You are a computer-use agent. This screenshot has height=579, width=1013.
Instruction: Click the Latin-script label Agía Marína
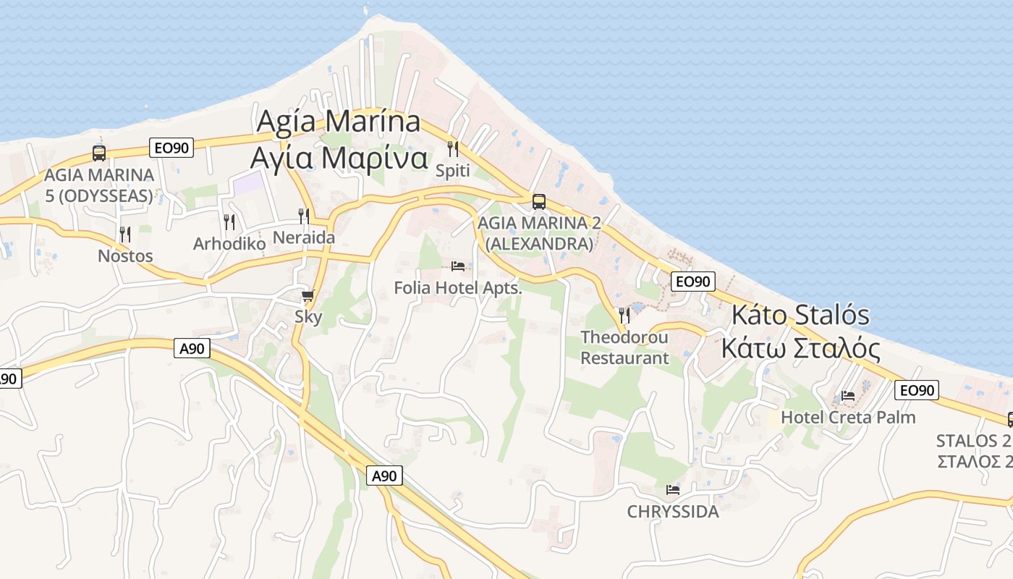point(339,121)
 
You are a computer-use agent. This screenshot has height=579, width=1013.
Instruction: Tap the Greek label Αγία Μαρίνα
point(339,158)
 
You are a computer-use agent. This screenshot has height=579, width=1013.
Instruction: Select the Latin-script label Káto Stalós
point(801,316)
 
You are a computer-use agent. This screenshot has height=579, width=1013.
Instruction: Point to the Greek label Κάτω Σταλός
point(801,349)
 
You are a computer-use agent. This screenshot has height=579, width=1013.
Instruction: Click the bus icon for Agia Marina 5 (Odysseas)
point(99,153)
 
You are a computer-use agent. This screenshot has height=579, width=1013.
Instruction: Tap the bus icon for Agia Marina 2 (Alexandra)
point(538,202)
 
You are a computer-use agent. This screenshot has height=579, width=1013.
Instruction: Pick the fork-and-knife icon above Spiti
point(453,149)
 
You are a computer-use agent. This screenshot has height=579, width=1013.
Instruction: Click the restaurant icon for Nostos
point(125,234)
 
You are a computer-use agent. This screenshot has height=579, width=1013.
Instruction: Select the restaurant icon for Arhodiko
point(229,222)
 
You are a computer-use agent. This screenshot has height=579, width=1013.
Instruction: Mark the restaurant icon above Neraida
point(304,216)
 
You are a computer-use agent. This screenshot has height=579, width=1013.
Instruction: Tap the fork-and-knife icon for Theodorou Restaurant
point(624,316)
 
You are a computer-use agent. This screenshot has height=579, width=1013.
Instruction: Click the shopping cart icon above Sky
point(308,295)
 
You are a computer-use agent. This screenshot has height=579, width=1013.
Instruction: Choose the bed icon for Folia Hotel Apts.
point(457,266)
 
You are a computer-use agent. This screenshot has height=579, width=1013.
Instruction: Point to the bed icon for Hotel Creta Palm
point(848,396)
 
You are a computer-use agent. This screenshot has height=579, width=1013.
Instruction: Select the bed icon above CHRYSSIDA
point(673,490)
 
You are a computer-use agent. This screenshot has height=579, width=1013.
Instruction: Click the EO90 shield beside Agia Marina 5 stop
point(171,148)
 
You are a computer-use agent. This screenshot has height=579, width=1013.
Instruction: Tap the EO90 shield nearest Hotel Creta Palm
point(917,391)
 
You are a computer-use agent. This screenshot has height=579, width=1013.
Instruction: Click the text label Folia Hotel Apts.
point(457,288)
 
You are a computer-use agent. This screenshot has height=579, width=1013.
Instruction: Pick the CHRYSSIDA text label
point(673,512)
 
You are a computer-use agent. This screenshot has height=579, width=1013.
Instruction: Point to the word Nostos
point(125,256)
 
